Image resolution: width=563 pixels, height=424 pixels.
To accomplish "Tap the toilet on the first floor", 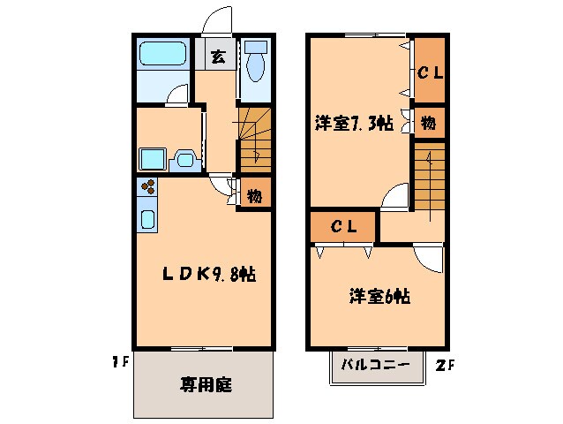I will pyautogui.click(x=254, y=64).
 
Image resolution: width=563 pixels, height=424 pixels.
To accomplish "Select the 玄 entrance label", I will pyautogui.click(x=216, y=57).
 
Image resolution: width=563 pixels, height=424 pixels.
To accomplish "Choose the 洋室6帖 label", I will pyautogui.click(x=377, y=297).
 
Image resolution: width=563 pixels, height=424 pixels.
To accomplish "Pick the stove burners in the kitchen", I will pyautogui.click(x=147, y=187).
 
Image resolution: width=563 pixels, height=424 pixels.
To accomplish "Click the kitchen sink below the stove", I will pyautogui.click(x=147, y=218).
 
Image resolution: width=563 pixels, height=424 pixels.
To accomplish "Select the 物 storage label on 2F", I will pyautogui.click(x=427, y=124).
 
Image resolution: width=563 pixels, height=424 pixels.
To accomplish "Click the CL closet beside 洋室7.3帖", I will pyautogui.click(x=429, y=73).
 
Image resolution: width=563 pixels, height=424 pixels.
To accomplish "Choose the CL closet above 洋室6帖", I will pyautogui.click(x=343, y=227).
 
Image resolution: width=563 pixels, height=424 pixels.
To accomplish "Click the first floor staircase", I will pyautogui.click(x=253, y=140).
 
